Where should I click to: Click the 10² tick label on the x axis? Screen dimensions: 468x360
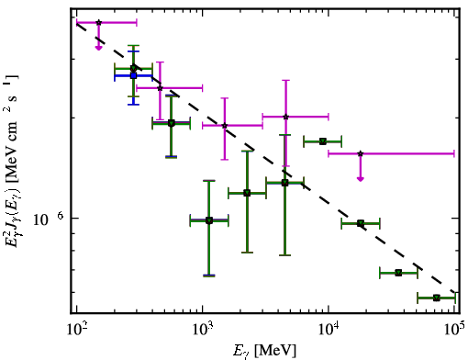tap(77, 329)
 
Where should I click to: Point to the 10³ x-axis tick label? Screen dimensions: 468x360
tap(203, 329)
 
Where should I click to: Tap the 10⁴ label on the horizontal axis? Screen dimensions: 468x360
tap(329, 329)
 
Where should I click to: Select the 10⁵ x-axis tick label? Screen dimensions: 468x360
tap(454, 329)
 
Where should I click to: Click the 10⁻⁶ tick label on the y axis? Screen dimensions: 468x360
tap(49, 219)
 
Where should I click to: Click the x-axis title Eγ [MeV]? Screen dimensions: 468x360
tap(264, 351)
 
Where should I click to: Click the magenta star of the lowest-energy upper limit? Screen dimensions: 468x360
tap(98, 22)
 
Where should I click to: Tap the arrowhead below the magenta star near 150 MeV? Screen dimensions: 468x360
tap(98, 48)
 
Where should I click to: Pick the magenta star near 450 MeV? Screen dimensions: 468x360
tap(160, 88)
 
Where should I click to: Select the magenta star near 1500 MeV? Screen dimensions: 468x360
tap(225, 126)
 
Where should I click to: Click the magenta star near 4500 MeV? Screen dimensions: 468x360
tap(285, 117)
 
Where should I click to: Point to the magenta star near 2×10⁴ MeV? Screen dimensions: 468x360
tap(361, 153)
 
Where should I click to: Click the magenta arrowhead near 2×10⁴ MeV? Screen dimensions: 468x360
tap(361, 178)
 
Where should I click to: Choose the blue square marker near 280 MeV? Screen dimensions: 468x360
tap(133, 75)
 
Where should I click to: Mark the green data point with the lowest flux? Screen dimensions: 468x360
tap(437, 298)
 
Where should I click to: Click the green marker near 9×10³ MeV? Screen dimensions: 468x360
tap(323, 141)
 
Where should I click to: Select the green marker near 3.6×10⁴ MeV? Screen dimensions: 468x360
tap(398, 273)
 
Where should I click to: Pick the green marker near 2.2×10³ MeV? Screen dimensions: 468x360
tap(247, 193)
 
